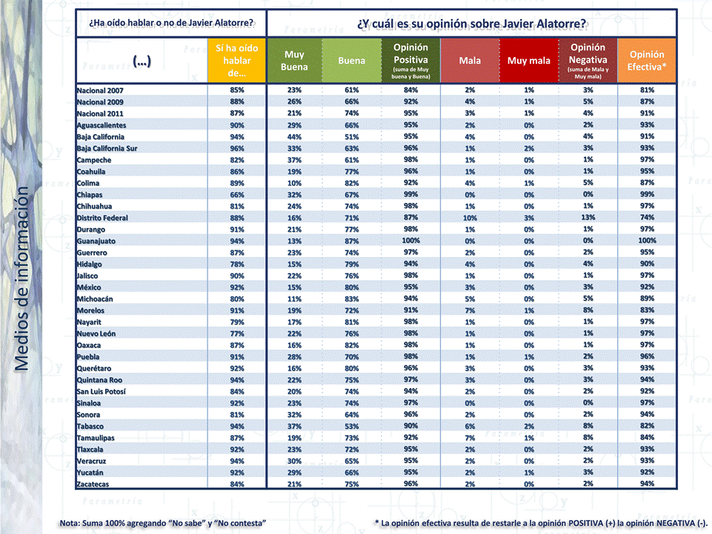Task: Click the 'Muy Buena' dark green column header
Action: coord(294,61)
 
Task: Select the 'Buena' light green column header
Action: coord(351,61)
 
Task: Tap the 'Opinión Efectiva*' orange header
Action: coord(647,61)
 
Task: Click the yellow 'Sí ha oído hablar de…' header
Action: coord(237,61)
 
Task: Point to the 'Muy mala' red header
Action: coord(529,61)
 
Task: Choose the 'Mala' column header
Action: coord(470,61)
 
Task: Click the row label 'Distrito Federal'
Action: coord(102,218)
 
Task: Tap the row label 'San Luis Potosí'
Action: coord(101,391)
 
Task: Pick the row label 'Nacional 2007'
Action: coord(101,90)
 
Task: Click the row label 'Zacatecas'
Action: coord(93,484)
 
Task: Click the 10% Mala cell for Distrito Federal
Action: coord(470,218)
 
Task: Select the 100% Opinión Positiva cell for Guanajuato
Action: coord(411,241)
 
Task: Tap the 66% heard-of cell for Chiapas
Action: coord(237,195)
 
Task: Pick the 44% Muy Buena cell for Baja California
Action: coord(294,137)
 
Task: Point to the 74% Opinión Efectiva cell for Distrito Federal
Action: coord(647,218)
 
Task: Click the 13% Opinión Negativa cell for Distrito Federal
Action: coord(588,218)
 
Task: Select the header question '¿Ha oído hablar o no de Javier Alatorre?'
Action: coord(171,22)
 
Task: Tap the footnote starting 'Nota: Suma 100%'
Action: coord(163,524)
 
